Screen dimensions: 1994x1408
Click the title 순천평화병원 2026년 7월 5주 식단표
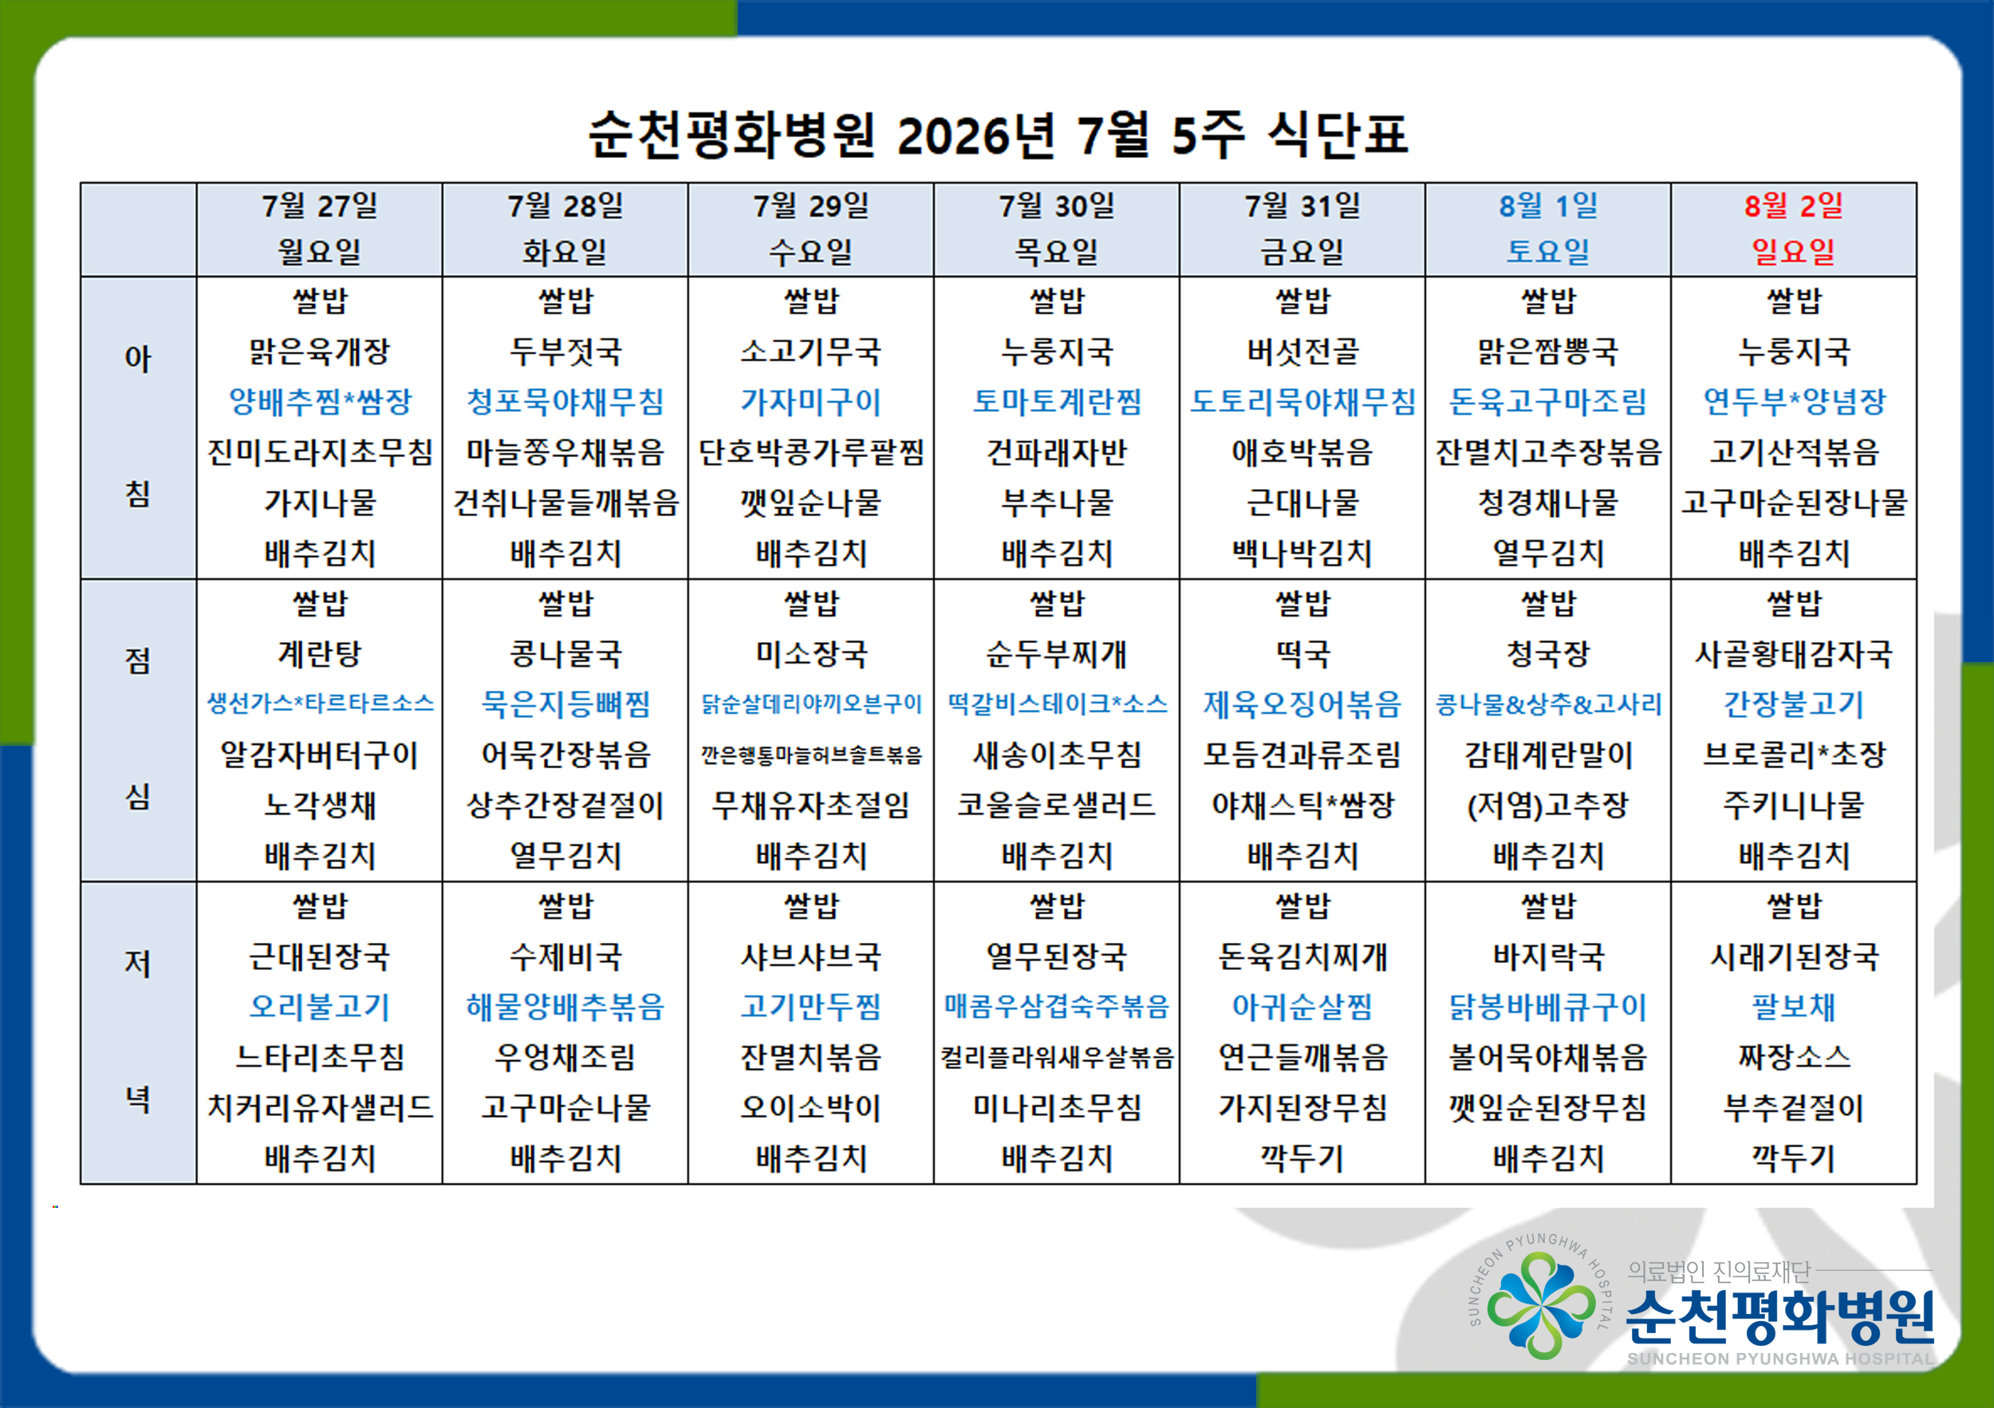point(998,135)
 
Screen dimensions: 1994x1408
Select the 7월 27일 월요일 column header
point(320,228)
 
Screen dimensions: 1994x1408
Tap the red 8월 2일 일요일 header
point(1793,228)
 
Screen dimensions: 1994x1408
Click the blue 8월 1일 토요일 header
point(1547,228)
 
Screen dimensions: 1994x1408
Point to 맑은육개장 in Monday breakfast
point(320,352)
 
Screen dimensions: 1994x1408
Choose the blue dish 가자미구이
point(811,401)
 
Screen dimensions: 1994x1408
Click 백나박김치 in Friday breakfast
point(1302,552)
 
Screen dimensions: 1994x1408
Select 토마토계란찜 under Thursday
point(1057,401)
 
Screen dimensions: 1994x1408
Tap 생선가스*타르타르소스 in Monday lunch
point(320,704)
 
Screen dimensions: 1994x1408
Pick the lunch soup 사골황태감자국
point(1793,653)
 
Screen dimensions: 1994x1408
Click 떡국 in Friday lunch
point(1302,653)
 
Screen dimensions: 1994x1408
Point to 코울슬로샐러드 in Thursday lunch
point(1057,804)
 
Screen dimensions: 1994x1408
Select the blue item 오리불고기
point(320,1006)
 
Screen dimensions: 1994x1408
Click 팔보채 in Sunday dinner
point(1793,1006)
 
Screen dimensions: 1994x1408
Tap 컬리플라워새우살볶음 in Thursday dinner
point(1057,1057)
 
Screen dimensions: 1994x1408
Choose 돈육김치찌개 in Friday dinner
point(1302,956)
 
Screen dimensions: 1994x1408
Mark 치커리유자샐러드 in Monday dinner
point(320,1106)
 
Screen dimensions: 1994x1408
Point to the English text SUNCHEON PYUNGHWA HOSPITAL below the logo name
point(1780,1359)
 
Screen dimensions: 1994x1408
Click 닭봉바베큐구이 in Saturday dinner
point(1547,1006)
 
